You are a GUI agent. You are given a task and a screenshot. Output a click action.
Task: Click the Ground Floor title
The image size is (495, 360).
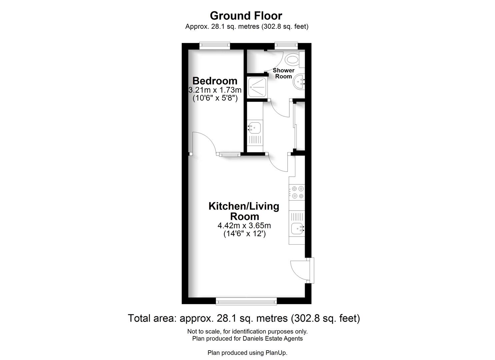point(246,16)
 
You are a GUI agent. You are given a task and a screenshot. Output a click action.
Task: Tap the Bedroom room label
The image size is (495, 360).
point(215,81)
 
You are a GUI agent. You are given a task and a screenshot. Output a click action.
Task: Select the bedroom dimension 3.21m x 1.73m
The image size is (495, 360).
point(215,90)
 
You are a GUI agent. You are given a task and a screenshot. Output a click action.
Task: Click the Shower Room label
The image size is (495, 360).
point(284,73)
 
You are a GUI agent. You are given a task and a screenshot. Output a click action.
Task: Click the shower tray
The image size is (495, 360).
point(257,88)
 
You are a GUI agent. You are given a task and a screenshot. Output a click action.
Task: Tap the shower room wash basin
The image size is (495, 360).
point(299,82)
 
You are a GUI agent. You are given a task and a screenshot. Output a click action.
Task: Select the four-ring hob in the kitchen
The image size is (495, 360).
point(297,192)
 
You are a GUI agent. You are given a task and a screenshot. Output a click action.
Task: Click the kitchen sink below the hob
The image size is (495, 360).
point(297,229)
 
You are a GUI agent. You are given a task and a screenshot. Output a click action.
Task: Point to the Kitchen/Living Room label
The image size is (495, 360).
point(244,211)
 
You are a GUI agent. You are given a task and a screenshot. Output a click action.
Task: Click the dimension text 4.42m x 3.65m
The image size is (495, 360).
point(244,225)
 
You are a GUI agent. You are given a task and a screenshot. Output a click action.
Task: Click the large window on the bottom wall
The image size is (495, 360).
point(246,301)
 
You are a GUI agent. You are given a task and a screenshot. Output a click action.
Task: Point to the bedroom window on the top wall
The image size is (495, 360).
point(215,46)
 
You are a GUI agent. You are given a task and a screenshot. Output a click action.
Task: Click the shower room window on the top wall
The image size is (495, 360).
point(286,46)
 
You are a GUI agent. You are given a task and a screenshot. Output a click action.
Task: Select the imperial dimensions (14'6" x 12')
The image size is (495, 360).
point(244,234)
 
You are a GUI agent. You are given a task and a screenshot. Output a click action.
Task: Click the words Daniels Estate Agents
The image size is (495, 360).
point(273,338)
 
